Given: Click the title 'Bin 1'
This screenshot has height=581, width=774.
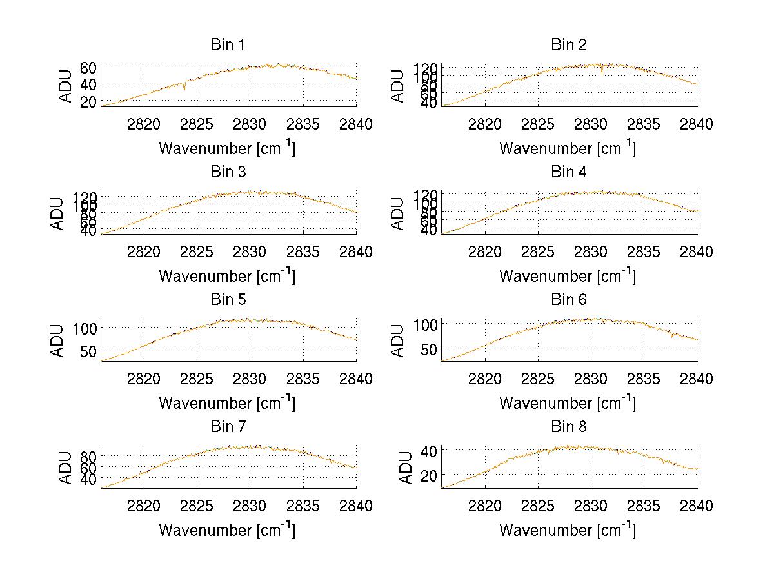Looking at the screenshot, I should [x=228, y=45].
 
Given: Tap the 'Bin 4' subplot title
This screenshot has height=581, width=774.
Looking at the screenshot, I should [x=568, y=172].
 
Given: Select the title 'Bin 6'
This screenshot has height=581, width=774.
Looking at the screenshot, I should [x=568, y=300].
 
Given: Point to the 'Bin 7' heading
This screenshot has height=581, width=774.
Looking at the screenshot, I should [x=228, y=427].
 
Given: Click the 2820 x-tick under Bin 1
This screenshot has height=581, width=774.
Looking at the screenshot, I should [x=144, y=124].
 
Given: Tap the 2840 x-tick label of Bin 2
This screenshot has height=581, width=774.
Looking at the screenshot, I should [x=697, y=124].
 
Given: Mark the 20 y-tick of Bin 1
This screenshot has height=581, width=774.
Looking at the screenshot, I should [x=89, y=101].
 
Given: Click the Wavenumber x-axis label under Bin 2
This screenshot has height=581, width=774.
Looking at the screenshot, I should [x=568, y=148].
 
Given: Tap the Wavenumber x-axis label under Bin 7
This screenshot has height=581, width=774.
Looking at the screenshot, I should [x=227, y=530].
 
